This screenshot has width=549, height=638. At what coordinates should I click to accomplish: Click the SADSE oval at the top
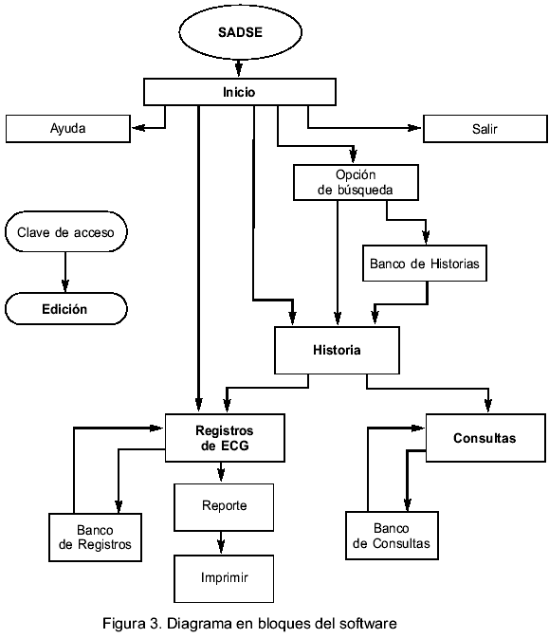click(x=240, y=32)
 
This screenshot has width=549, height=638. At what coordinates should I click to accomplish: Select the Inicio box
click(x=240, y=92)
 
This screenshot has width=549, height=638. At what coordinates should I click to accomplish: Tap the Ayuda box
click(x=68, y=129)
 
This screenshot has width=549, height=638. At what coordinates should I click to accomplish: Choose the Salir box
click(x=485, y=129)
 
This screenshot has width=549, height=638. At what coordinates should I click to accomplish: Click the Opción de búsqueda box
click(x=356, y=182)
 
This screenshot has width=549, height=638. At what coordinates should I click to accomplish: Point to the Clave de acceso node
click(x=66, y=232)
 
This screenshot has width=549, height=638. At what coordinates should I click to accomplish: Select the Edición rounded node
click(x=66, y=309)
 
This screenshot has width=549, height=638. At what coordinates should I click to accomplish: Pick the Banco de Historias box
click(x=425, y=264)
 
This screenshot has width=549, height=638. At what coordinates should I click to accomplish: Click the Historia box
click(x=337, y=351)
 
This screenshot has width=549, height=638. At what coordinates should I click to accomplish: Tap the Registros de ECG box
click(x=225, y=438)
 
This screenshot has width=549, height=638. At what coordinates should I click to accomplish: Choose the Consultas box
click(x=485, y=438)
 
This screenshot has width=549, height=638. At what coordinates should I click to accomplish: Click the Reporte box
click(x=224, y=507)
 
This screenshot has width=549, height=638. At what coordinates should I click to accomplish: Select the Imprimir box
click(x=224, y=578)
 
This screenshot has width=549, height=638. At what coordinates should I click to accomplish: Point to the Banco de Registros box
click(x=95, y=538)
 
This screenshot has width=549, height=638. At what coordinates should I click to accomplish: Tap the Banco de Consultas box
click(x=392, y=536)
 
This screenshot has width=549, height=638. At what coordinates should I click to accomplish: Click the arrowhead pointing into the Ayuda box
click(x=137, y=128)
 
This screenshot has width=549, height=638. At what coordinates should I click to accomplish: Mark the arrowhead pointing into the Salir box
click(x=415, y=128)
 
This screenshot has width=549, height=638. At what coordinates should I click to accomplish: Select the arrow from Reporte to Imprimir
click(x=221, y=543)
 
